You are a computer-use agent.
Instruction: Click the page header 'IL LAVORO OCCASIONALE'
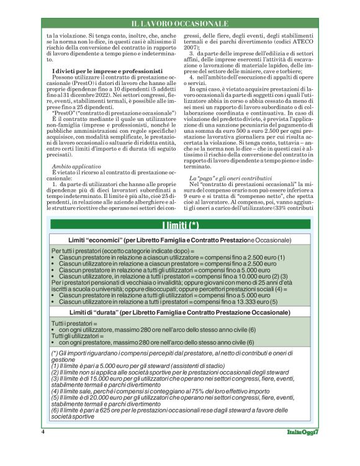pos(180,24)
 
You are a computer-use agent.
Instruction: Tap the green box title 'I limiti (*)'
pos(179,225)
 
